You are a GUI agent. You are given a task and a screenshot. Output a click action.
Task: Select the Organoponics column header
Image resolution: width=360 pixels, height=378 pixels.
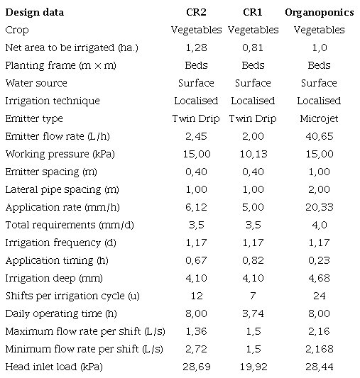(319, 12)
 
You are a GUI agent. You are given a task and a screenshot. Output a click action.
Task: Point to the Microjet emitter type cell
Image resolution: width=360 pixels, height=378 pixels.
(319, 118)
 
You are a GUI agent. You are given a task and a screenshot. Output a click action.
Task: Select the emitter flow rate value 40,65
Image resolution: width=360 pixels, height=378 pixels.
(319, 136)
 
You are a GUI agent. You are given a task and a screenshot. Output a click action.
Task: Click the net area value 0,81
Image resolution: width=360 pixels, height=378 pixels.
(253, 48)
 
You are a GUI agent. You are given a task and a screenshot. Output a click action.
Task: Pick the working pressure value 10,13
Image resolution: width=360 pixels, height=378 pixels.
(253, 154)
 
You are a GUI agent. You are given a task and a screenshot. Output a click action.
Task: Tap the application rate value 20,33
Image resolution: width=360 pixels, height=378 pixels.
(319, 207)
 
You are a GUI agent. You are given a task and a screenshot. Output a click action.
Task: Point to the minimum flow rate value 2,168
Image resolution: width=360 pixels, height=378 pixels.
(319, 349)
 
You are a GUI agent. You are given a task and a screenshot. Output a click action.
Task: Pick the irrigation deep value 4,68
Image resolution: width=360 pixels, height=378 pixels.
(319, 278)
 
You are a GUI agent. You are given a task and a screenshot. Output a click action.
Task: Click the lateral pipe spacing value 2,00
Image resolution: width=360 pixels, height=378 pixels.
(319, 189)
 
